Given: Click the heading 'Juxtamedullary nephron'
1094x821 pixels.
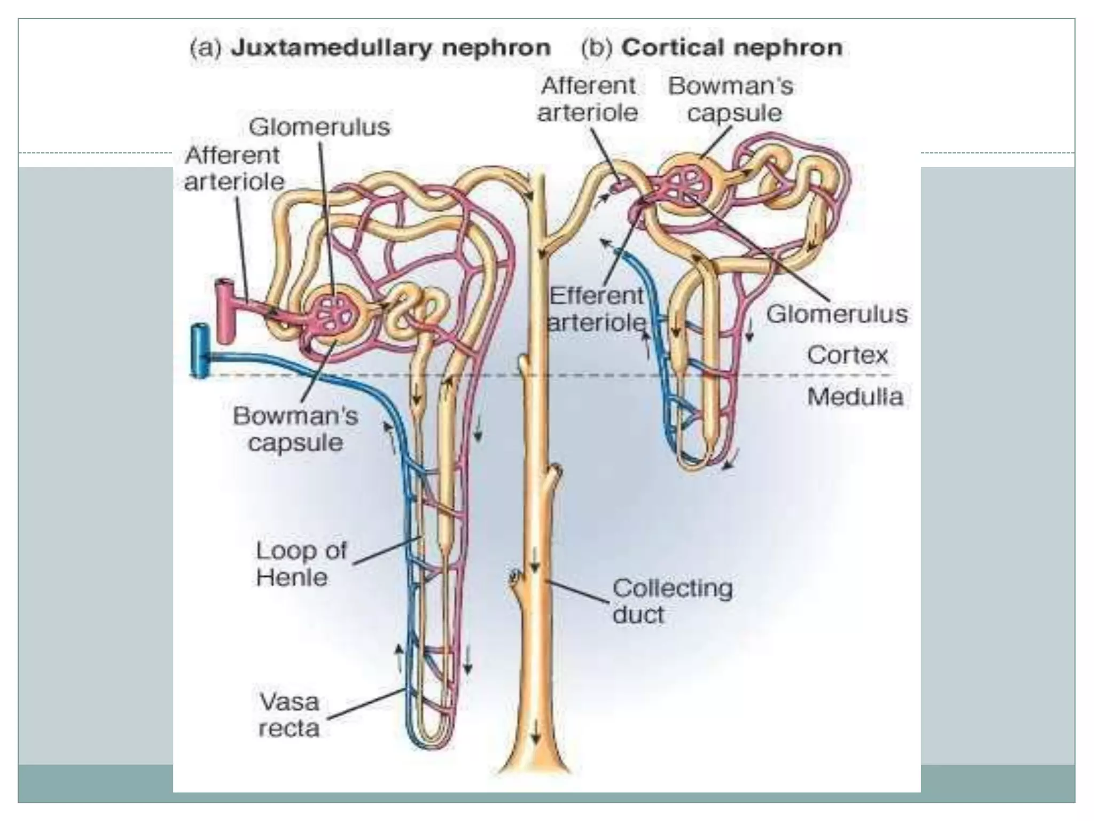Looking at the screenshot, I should tap(390, 48).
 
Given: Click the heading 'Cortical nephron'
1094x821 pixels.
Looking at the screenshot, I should tap(732, 48).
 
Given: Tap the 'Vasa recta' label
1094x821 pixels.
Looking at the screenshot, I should tap(289, 715).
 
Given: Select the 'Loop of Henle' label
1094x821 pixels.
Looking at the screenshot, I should tap(301, 564).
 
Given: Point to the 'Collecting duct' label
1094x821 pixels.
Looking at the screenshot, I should tap(672, 601).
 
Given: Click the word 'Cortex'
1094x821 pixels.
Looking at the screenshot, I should tap(847, 355).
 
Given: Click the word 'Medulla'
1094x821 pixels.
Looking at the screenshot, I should tap(855, 397).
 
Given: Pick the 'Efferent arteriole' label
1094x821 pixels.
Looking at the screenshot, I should tap(597, 309).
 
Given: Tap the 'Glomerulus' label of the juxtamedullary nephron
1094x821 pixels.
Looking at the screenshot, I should tap(319, 127).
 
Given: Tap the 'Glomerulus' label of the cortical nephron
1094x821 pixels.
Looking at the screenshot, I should tap(837, 314).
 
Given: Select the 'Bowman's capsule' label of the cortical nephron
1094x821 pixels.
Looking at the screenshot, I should tap(731, 99).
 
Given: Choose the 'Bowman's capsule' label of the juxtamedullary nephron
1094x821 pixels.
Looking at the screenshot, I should tap(295, 429).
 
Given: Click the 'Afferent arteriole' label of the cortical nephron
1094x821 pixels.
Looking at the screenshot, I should tap(588, 99).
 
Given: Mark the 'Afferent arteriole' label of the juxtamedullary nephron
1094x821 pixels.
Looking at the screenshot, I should tap(233, 168).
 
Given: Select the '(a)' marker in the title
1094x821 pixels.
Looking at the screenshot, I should tap(206, 48).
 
